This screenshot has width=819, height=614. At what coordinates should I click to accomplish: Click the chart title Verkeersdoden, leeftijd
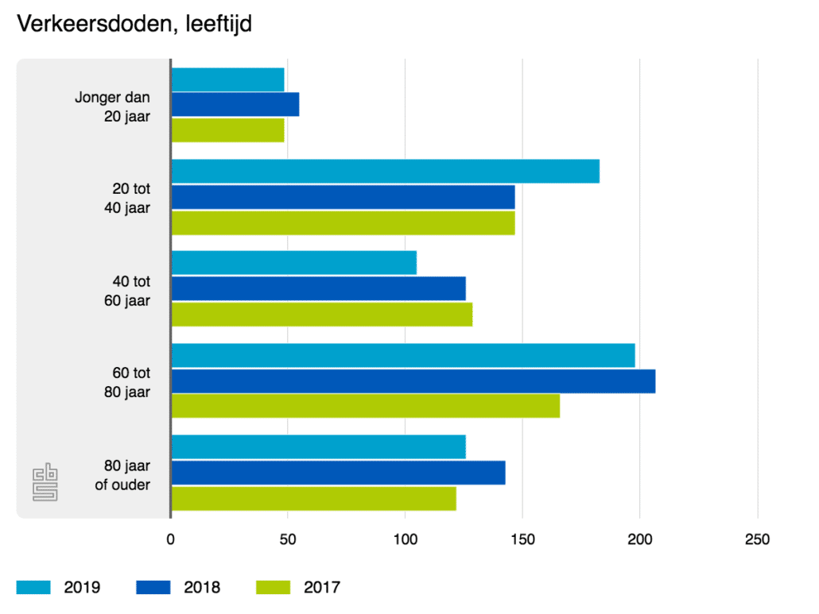[134, 25]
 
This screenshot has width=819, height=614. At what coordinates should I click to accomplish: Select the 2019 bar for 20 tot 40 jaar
[385, 172]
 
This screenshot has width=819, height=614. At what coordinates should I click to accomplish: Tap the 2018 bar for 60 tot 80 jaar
[413, 381]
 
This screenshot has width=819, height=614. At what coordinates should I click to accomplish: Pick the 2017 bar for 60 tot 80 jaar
[365, 406]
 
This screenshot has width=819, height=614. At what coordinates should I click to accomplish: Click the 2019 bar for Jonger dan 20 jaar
[227, 80]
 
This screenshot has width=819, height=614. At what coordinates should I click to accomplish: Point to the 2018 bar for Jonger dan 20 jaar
[235, 105]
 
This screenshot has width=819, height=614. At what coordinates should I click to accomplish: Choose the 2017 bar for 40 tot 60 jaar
[321, 315]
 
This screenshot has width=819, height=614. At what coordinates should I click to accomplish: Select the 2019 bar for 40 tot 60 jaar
[293, 263]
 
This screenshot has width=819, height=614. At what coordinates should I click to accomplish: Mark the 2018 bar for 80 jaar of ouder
[338, 473]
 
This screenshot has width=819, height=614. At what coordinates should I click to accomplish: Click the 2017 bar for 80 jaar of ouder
[313, 498]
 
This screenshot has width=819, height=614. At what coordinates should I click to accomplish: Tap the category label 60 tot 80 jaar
[131, 381]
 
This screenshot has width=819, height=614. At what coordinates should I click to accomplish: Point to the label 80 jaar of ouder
[122, 474]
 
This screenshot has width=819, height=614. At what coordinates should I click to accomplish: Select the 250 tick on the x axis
[757, 541]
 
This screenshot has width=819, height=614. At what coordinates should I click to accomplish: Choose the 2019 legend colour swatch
[33, 588]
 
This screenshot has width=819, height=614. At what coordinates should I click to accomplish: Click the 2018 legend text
[202, 588]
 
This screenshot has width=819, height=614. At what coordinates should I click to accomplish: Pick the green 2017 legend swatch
[274, 588]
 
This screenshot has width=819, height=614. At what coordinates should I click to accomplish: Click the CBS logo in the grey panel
[45, 485]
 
